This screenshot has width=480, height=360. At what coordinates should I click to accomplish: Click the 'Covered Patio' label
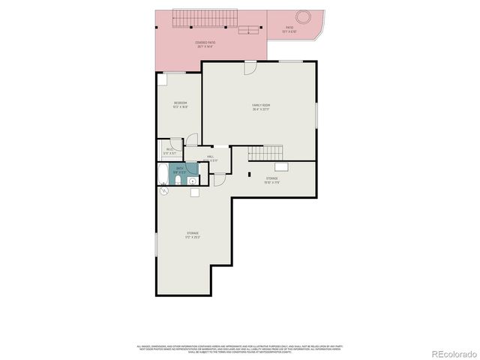pyautogui.click(x=205, y=43)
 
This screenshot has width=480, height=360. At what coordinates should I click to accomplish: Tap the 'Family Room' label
pyautogui.click(x=261, y=106)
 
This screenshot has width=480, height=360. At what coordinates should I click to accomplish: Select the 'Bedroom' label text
pyautogui.click(x=180, y=103)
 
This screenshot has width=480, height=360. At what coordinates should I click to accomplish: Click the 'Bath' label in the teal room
pyautogui.click(x=179, y=169)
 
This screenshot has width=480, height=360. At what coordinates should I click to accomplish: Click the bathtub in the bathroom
pyautogui.click(x=163, y=175)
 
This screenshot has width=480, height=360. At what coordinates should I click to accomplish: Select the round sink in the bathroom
pyautogui.click(x=193, y=170)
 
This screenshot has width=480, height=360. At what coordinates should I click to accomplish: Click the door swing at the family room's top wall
pyautogui.click(x=250, y=67)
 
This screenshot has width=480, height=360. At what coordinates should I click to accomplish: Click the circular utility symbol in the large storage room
pyautogui.click(x=163, y=191)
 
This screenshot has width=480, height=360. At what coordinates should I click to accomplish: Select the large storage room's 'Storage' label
pyautogui.click(x=193, y=235)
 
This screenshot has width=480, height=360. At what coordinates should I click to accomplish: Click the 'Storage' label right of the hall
pyautogui.click(x=271, y=179)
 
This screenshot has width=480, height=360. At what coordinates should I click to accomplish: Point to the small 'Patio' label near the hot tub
pyautogui.click(x=289, y=31)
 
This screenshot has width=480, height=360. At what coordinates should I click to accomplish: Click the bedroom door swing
pyautogui.click(x=192, y=139)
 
